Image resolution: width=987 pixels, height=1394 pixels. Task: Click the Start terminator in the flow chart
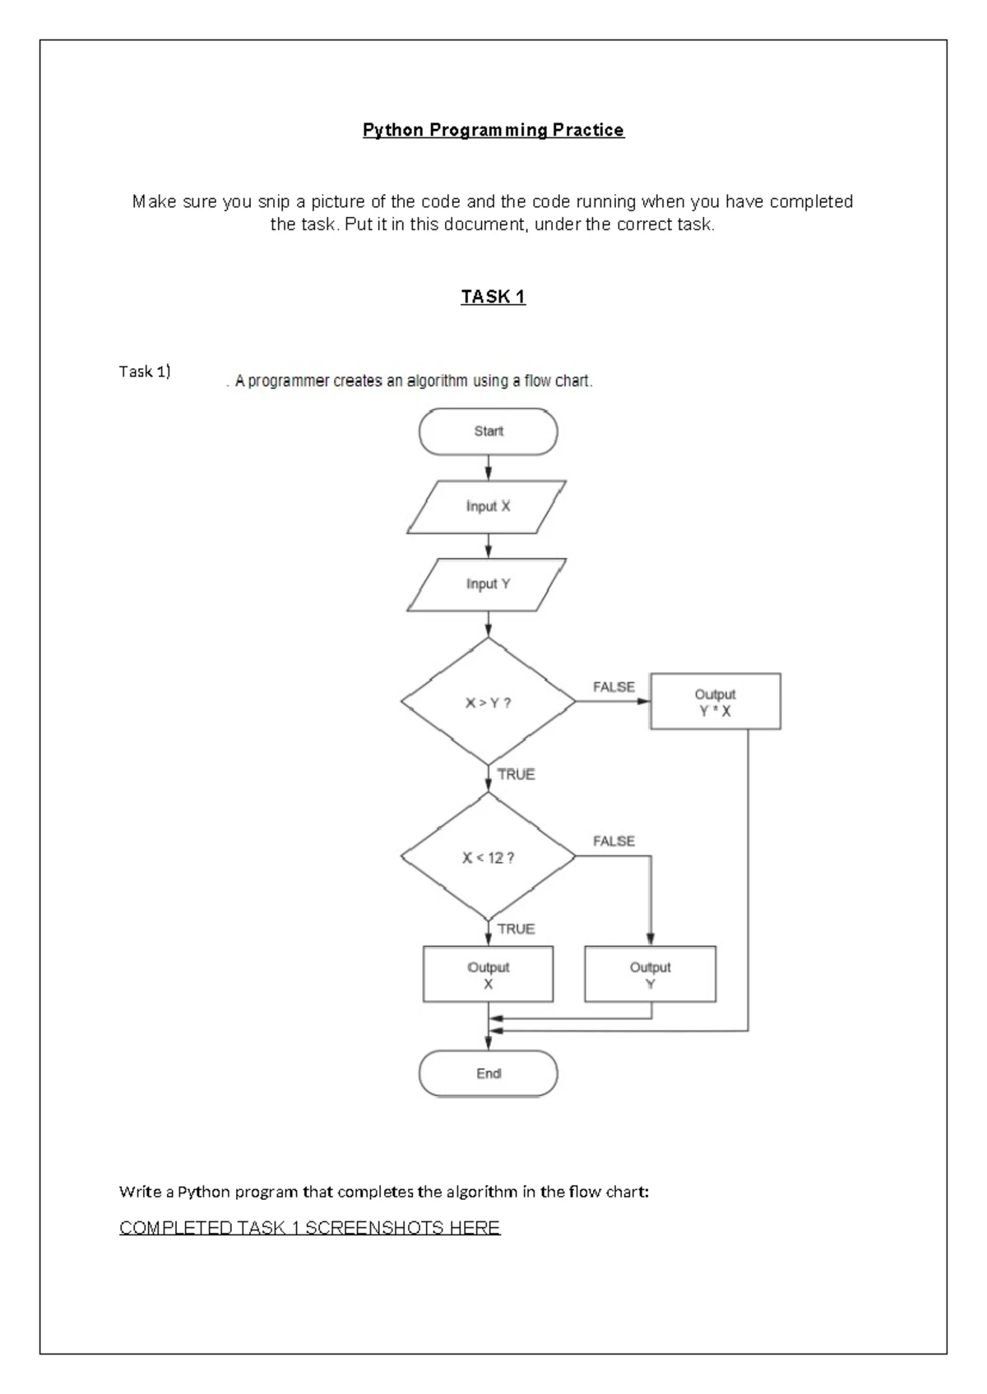click(x=489, y=432)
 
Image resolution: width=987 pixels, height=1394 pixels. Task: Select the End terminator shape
click(x=489, y=1073)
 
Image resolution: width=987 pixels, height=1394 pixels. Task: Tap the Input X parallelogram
click(x=487, y=506)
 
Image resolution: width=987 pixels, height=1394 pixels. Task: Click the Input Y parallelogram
click(x=487, y=584)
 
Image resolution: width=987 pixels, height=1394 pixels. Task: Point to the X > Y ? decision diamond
click(x=489, y=701)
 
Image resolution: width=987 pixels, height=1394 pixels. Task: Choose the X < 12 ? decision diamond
click(x=489, y=856)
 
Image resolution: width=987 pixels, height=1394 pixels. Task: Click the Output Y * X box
click(x=715, y=701)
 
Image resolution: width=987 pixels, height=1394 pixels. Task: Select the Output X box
click(x=489, y=974)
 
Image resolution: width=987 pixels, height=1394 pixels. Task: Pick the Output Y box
click(x=650, y=974)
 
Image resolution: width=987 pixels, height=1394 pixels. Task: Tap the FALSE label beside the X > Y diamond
click(x=614, y=687)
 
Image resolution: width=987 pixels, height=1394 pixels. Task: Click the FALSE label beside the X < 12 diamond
click(x=614, y=842)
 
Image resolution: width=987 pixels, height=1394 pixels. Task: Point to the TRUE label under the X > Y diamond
click(x=517, y=775)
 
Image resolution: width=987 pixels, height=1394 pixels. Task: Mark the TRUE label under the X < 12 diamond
click(x=517, y=929)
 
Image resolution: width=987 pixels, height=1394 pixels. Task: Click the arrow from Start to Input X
click(x=489, y=468)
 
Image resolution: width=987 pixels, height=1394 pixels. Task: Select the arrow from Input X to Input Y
click(x=489, y=546)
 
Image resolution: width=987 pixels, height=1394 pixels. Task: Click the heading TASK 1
click(x=493, y=297)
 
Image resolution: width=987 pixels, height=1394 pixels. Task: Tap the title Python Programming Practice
click(x=493, y=130)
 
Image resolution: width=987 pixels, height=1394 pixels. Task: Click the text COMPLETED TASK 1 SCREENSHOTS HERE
click(x=309, y=1228)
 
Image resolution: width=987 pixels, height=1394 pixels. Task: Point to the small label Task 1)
click(x=145, y=372)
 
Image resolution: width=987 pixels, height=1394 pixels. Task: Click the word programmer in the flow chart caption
click(x=289, y=381)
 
